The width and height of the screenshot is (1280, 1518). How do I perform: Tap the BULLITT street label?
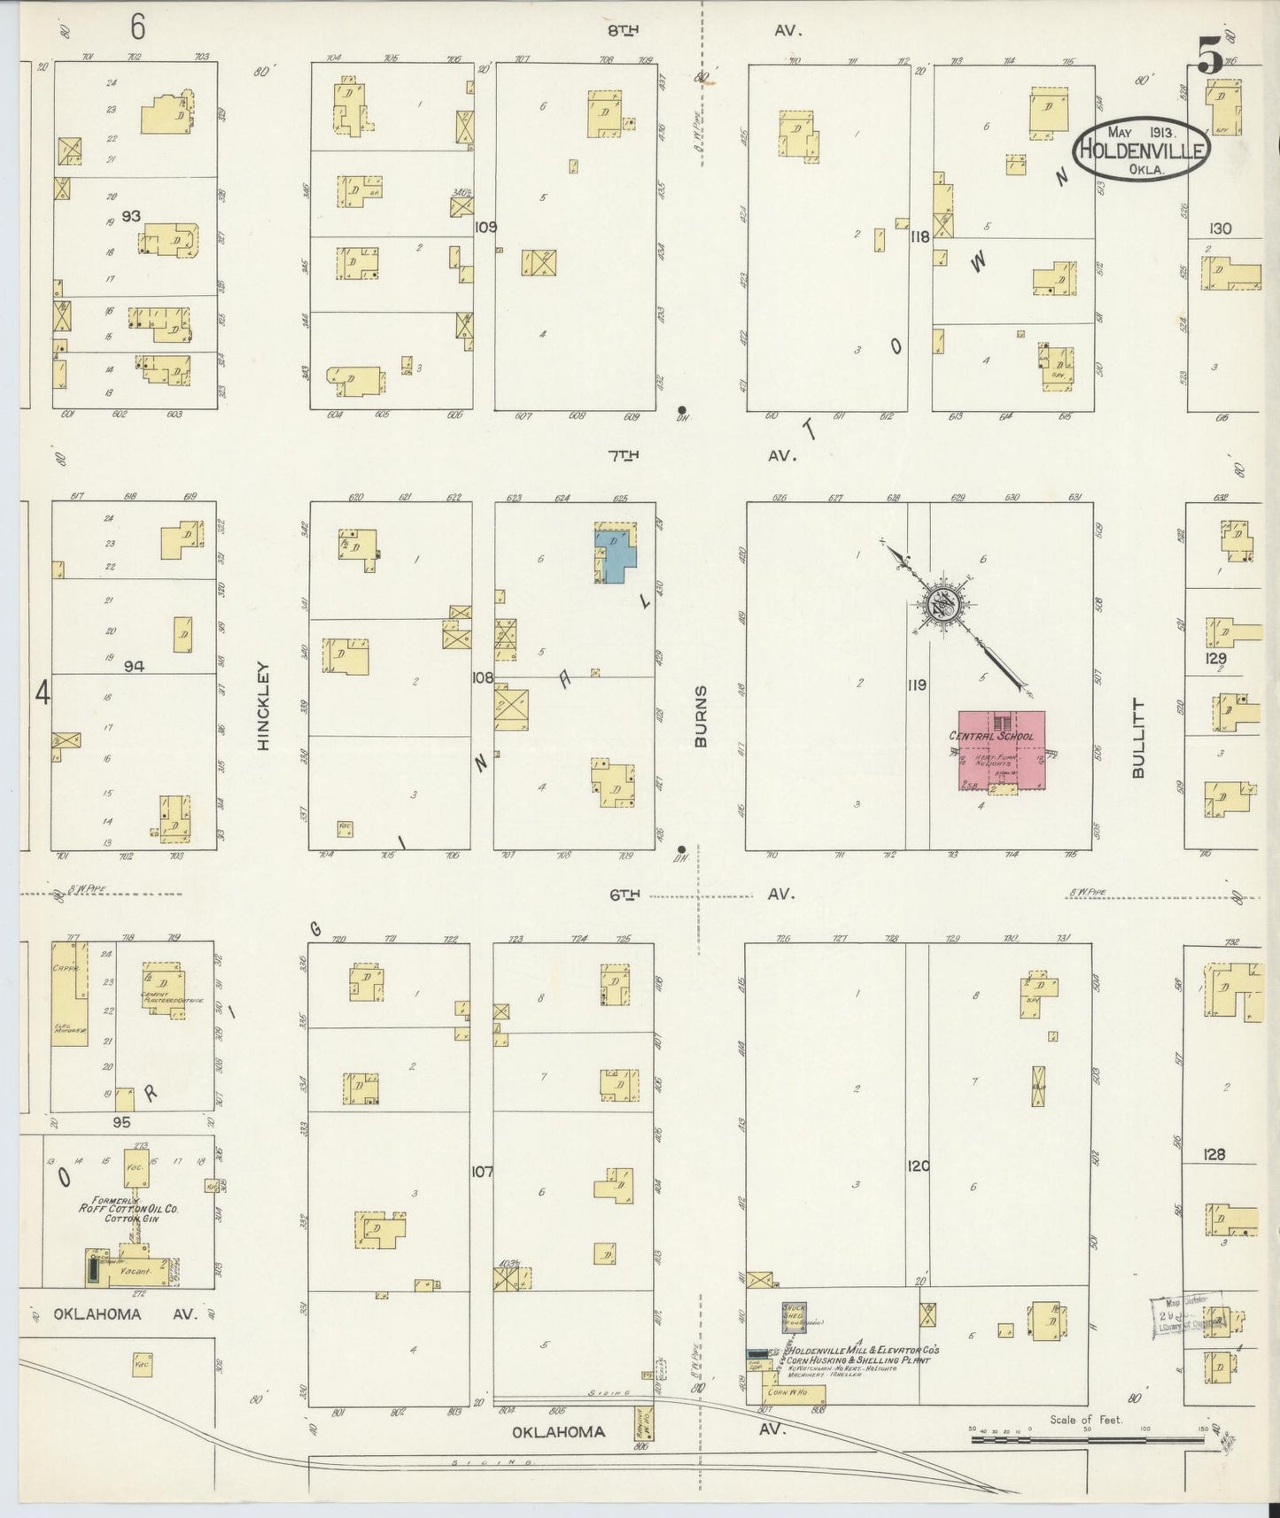[1139, 739]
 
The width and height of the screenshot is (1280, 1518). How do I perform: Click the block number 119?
[916, 685]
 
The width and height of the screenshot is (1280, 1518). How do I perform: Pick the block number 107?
[481, 1172]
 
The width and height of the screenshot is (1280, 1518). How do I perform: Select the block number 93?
[131, 215]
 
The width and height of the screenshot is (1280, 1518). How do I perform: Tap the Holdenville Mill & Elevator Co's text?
[863, 1351]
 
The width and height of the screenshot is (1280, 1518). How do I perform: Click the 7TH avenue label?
[624, 456]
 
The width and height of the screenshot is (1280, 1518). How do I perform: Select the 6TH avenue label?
[624, 895]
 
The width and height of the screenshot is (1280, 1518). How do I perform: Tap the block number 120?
[919, 1166]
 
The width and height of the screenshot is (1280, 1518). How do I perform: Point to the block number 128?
[1214, 1154]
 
